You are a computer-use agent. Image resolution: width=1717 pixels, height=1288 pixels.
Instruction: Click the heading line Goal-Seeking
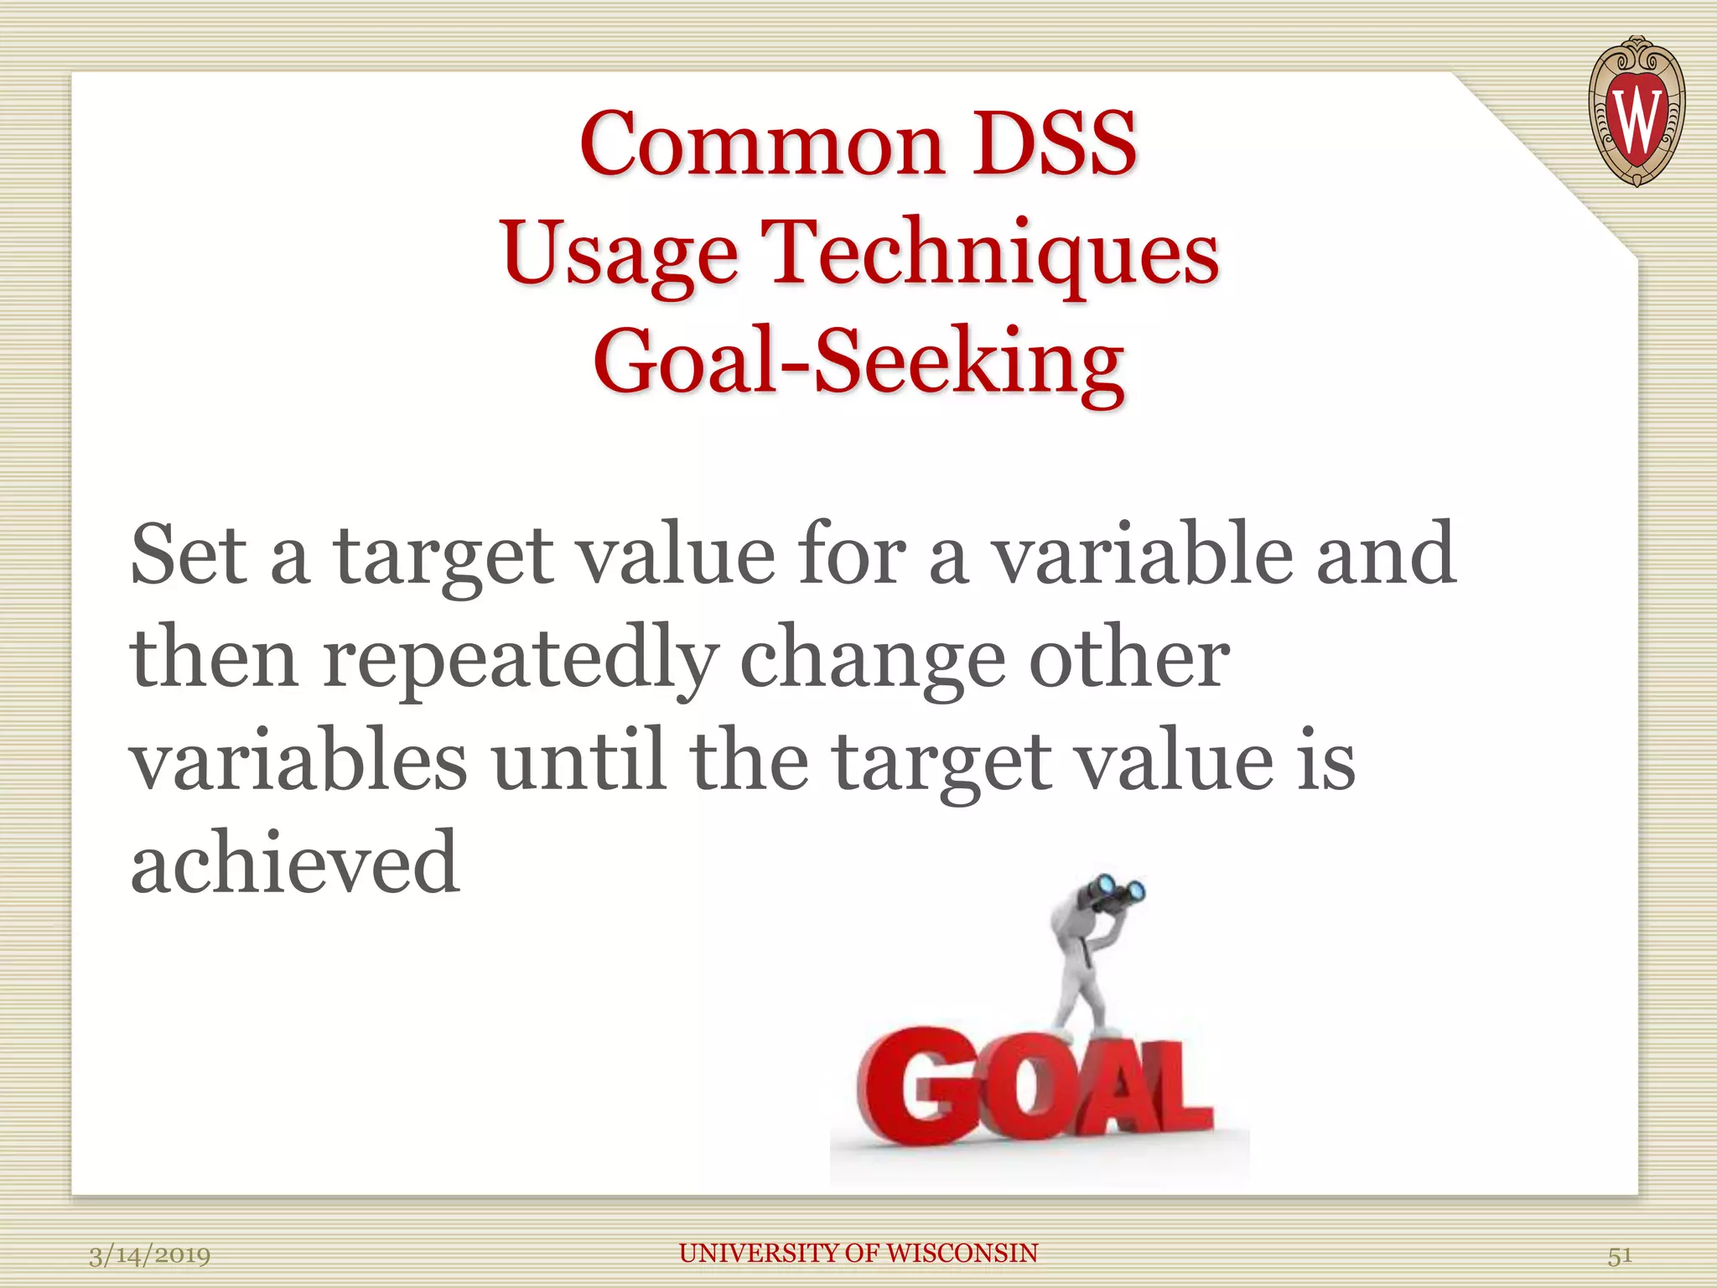(858, 361)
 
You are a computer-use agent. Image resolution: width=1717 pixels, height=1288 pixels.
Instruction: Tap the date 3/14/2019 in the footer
(149, 1255)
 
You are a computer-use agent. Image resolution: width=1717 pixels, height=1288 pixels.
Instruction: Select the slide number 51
(1619, 1255)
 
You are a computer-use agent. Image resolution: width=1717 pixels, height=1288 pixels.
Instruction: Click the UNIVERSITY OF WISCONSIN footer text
(858, 1253)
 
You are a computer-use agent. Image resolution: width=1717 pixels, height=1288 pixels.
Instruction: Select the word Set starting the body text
(188, 554)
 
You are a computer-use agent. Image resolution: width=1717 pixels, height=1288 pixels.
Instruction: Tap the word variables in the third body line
(298, 761)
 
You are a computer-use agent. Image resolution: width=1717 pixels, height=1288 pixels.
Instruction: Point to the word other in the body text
(1128, 659)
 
